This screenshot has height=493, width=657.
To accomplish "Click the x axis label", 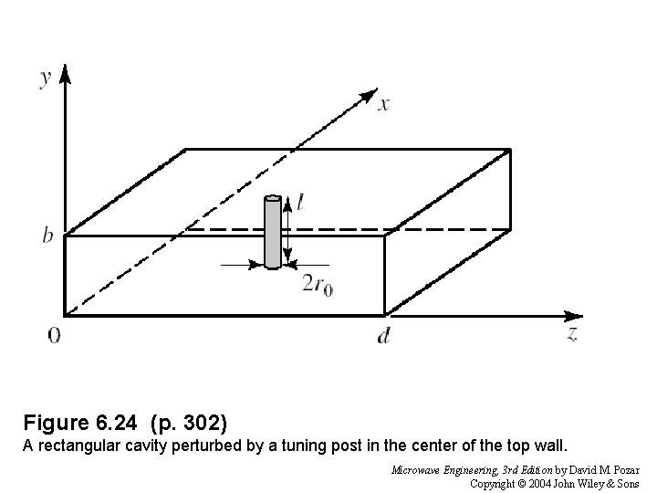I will [x=384, y=104].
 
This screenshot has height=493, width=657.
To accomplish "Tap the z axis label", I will [x=572, y=333].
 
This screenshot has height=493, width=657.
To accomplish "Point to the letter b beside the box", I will [x=46, y=236].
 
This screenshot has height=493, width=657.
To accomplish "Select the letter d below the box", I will [x=384, y=336].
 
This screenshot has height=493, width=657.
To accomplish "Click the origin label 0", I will [x=54, y=336].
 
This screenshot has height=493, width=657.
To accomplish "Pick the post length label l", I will [x=300, y=203].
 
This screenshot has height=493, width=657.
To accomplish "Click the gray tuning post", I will [x=272, y=232].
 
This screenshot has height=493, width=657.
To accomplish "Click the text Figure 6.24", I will [x=82, y=423].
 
